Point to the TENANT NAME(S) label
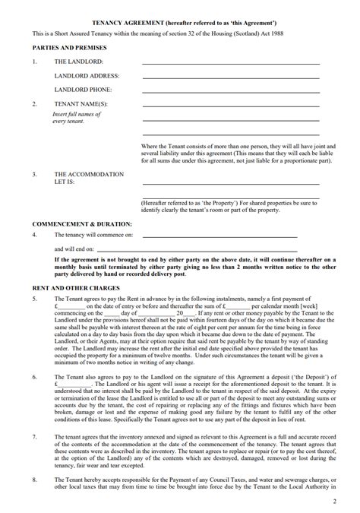[81, 103]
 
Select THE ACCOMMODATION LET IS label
[88, 178]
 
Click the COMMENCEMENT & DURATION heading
[82, 224]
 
